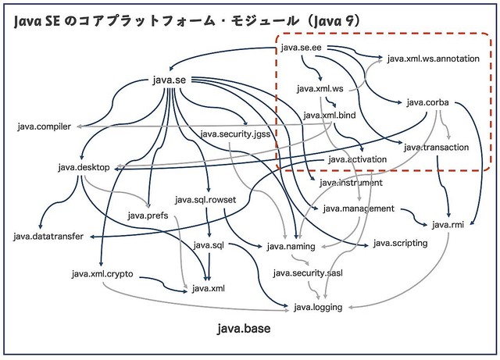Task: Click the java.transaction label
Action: [437, 147]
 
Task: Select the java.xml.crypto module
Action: [102, 274]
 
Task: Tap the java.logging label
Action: [318, 307]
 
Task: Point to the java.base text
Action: [245, 330]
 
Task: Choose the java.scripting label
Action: [400, 243]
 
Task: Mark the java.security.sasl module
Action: [308, 273]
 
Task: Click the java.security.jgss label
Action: [235, 134]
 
